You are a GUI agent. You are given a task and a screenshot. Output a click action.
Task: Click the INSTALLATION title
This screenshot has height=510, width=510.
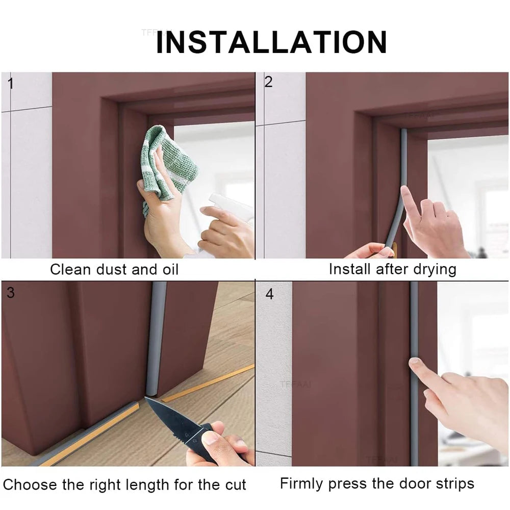tap(271, 42)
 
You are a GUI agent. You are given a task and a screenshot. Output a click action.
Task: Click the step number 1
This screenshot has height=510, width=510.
tap(10, 83)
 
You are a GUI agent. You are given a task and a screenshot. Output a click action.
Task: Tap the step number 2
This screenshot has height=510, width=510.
tap(268, 82)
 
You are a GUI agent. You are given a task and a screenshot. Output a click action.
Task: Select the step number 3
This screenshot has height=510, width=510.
tap(11, 293)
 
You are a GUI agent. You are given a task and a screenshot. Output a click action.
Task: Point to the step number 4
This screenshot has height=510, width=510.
tap(269, 294)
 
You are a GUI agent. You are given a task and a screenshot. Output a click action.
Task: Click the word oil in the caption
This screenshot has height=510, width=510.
tap(168, 270)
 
